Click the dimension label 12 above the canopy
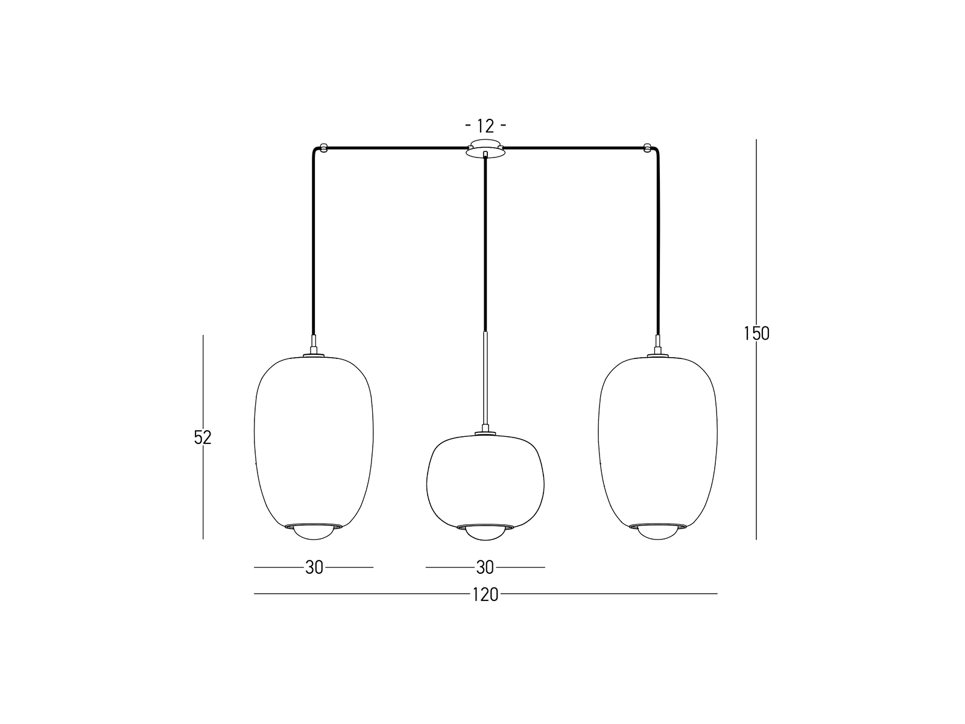[x=485, y=126]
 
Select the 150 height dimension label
[x=756, y=334]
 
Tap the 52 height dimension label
[x=203, y=437]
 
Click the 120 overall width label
[x=486, y=595]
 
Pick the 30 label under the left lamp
[x=314, y=568]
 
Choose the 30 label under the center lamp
[x=485, y=568]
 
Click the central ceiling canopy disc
[x=486, y=148]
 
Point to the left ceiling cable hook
[x=324, y=148]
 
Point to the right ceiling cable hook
[x=647, y=148]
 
